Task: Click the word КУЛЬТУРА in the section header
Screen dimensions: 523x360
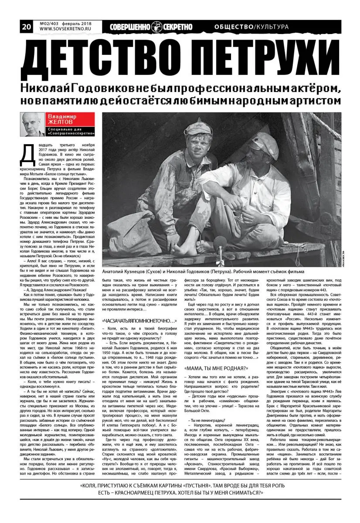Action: point(272,27)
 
